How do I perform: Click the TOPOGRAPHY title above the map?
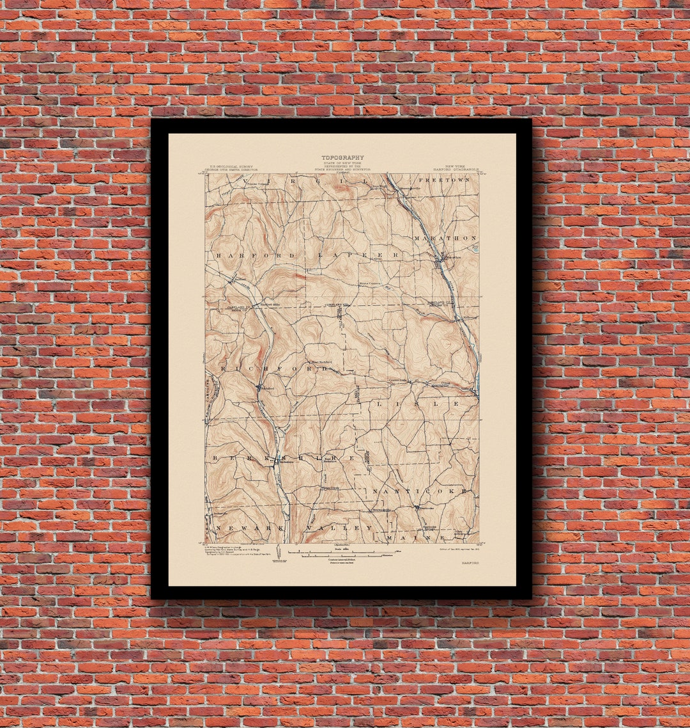pos(342,157)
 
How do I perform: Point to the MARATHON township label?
pos(446,238)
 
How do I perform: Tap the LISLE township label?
pos(417,404)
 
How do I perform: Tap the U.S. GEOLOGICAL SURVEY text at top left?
pos(229,168)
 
